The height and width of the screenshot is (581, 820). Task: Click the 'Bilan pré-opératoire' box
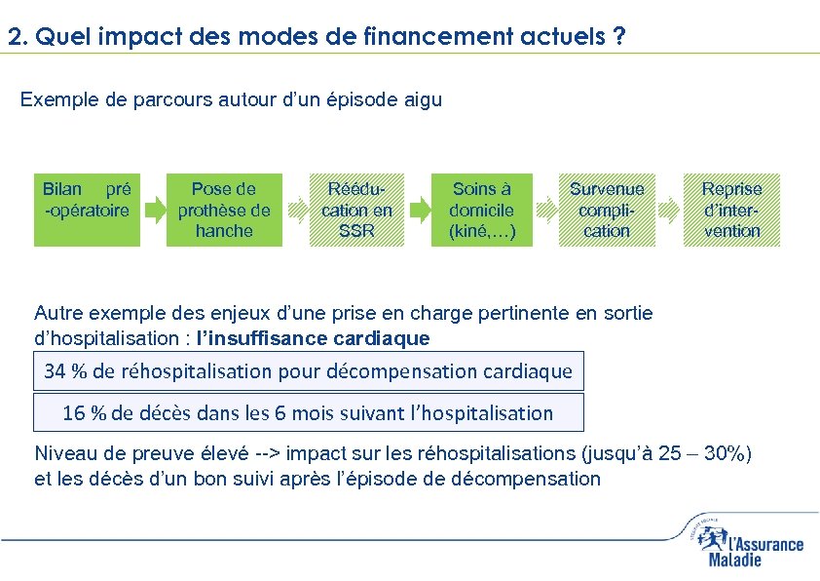point(87,210)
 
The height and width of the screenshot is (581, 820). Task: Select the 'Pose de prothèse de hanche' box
point(224,210)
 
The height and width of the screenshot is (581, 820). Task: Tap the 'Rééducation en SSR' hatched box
point(356,210)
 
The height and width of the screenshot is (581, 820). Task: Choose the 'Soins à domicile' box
point(482,210)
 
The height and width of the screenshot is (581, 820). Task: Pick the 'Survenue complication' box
point(607,210)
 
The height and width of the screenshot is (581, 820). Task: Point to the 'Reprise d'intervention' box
point(731,210)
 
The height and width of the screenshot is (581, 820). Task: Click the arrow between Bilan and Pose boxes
point(155,210)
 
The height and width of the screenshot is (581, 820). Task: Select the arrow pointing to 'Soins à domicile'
point(420,210)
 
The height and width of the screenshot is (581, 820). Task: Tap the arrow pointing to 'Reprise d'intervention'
point(669,210)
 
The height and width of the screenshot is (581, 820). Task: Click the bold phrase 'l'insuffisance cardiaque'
point(312,339)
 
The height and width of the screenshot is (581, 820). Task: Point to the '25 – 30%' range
point(705,453)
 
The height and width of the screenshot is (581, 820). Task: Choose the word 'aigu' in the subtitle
point(423,100)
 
